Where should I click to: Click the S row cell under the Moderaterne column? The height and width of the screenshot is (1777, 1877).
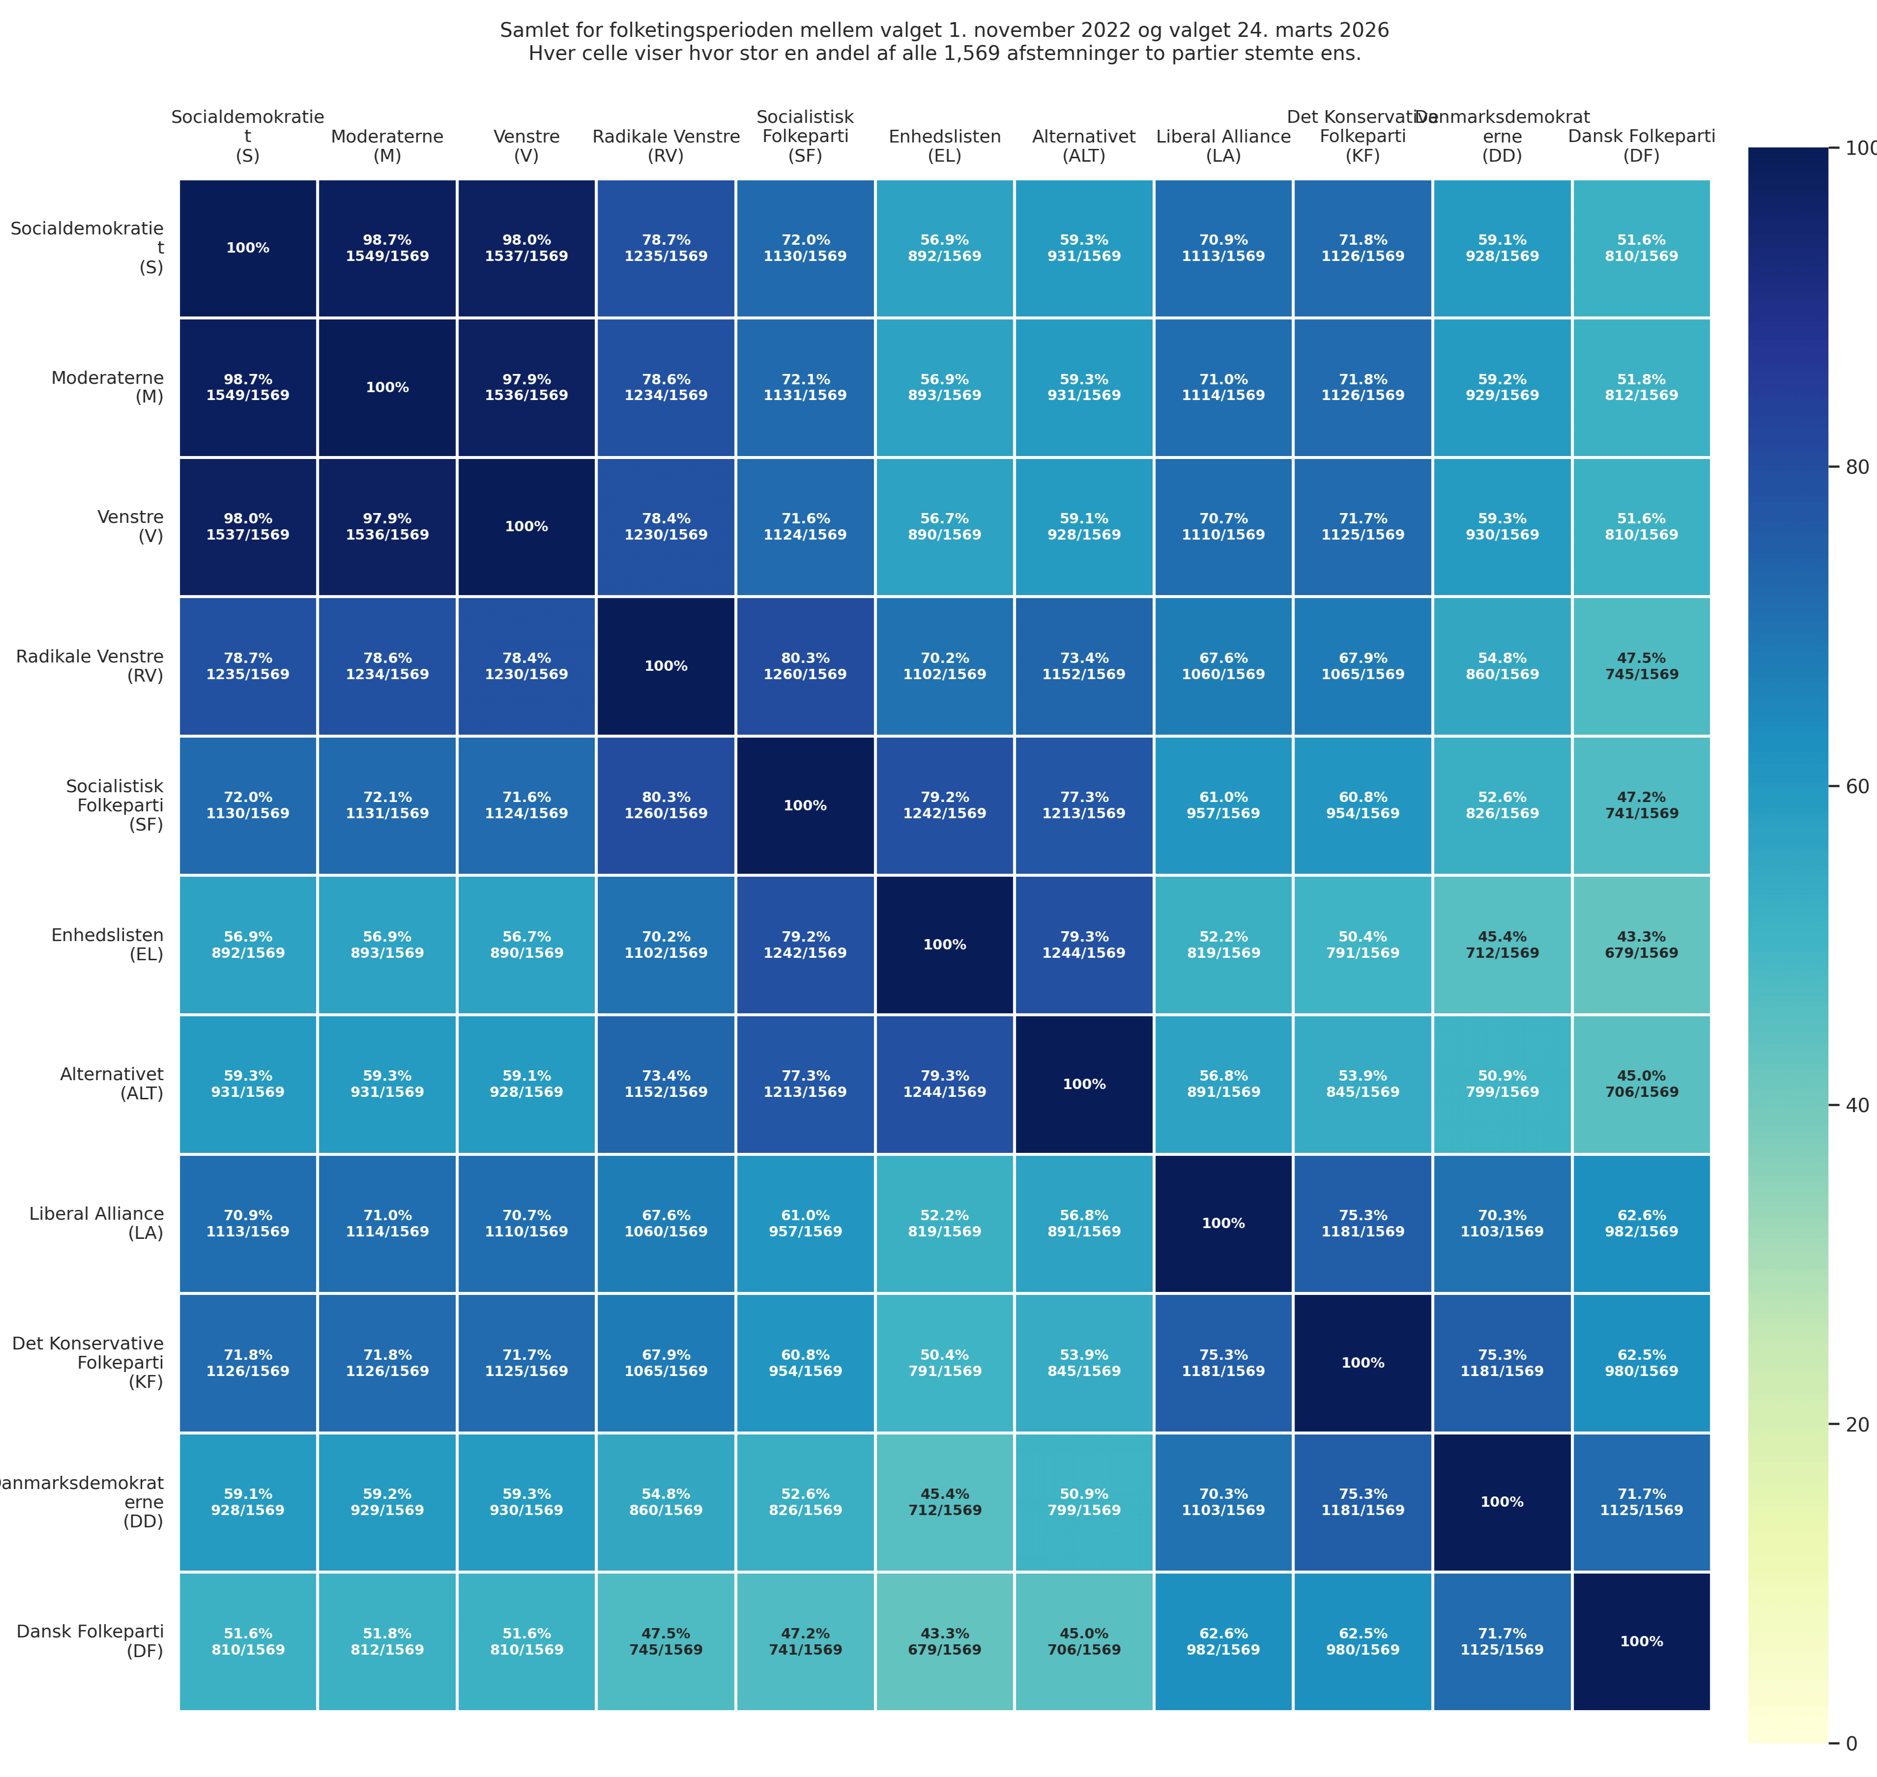pos(387,248)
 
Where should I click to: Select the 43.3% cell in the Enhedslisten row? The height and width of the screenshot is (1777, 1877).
pos(1641,945)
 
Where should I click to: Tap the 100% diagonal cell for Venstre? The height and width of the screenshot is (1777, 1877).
pos(526,527)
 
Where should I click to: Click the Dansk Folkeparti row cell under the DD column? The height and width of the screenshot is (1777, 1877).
pos(1502,1641)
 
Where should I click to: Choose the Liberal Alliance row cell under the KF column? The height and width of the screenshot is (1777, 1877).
pos(1362,1223)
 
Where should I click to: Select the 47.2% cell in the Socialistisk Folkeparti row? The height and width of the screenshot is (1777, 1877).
pos(1641,805)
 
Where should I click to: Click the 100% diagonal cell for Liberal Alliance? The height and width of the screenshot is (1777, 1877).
pos(1223,1223)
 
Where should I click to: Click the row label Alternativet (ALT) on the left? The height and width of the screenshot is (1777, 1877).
pos(112,1084)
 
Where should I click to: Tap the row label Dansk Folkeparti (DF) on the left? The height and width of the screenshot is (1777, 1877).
pos(90,1641)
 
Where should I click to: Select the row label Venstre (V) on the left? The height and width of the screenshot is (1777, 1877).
pos(131,527)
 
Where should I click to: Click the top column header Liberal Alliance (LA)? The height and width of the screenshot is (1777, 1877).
pos(1223,146)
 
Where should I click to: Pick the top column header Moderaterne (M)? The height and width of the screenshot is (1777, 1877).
pos(387,146)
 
